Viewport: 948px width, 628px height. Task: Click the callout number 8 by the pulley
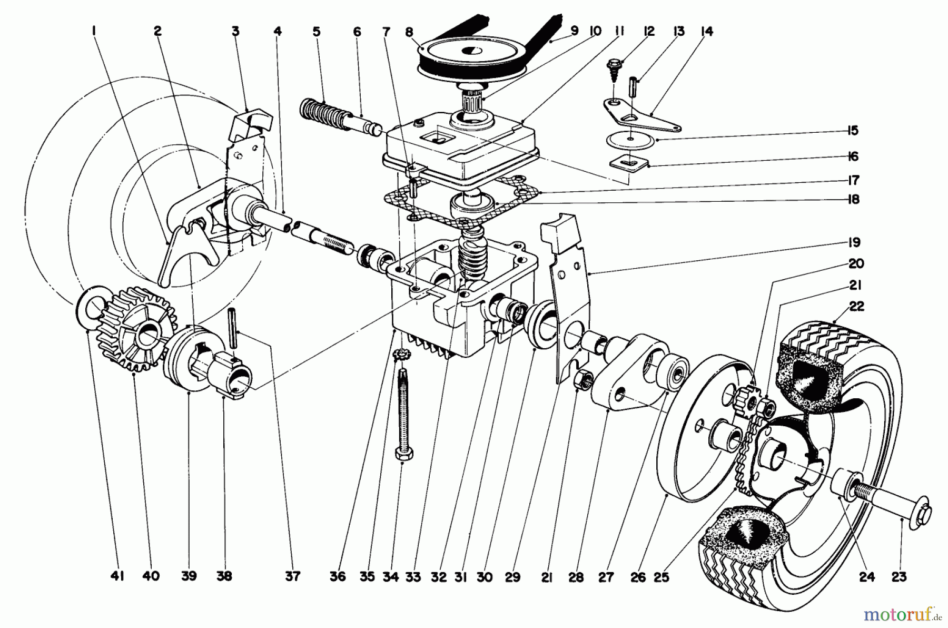409,31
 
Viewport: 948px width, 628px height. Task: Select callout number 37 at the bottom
292,577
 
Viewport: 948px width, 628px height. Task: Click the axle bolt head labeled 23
922,512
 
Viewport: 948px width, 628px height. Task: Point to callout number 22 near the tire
857,306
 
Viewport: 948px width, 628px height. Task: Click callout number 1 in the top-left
93,31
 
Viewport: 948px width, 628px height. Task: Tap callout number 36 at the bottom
338,577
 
